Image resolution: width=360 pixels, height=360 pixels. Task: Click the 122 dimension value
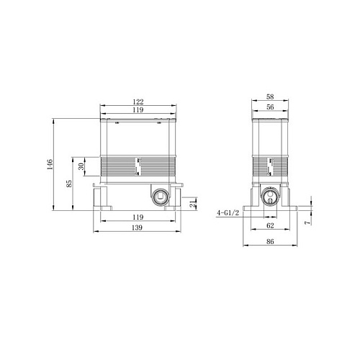pos(138,102)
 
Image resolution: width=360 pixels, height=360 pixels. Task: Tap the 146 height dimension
pos(50,164)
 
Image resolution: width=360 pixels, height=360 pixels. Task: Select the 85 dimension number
pos(69,184)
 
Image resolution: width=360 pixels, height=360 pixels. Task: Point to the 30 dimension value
pos(81,166)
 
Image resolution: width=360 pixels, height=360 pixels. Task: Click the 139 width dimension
pos(137,228)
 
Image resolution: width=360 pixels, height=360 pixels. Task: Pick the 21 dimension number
pos(193,204)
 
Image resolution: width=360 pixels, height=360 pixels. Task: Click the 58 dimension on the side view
pos(270,96)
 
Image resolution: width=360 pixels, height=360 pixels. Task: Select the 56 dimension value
pos(270,107)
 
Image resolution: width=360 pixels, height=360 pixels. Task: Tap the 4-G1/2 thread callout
pos(228,212)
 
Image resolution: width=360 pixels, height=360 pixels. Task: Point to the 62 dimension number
pos(270,225)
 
